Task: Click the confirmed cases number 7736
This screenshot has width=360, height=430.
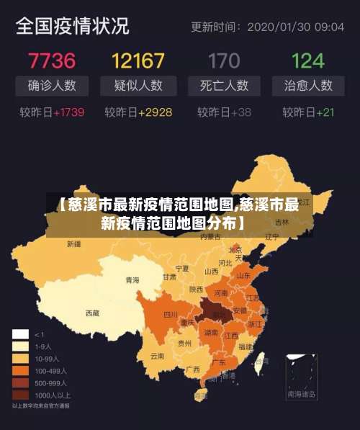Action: [51, 59]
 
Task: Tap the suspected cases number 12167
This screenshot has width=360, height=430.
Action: [138, 59]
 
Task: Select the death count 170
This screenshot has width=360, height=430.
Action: [224, 59]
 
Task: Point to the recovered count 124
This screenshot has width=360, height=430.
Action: [308, 59]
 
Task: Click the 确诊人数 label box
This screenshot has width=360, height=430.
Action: [52, 86]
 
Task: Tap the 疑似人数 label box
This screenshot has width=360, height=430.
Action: [138, 86]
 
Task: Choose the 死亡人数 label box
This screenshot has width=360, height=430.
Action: [224, 86]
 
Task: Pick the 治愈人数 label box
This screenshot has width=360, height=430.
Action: [308, 86]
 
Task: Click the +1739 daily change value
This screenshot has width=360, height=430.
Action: [68, 112]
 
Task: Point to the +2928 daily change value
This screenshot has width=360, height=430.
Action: [155, 112]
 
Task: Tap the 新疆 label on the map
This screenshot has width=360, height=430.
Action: [73, 244]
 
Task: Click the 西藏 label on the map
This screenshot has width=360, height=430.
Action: [92, 313]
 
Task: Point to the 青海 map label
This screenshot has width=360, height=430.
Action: [132, 279]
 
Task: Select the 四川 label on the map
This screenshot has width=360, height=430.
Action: [170, 314]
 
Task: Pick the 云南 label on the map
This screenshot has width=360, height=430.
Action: [157, 355]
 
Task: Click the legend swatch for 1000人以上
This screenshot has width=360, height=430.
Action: [20, 395]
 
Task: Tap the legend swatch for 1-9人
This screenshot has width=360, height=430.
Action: [20, 346]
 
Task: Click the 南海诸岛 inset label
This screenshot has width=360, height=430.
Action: [301, 395]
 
